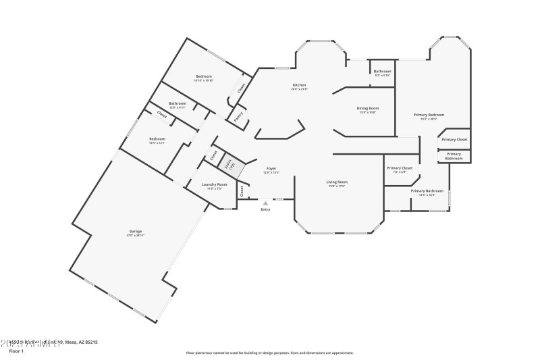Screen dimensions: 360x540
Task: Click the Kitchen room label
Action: [x=299, y=85]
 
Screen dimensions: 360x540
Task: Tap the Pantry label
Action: [x=238, y=116]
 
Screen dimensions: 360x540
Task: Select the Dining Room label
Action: [x=367, y=108]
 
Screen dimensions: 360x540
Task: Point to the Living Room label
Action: [x=337, y=182]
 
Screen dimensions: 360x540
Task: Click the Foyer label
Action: [x=271, y=169]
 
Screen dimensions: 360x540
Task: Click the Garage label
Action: [x=136, y=232]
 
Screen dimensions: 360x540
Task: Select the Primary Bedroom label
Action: [x=429, y=115]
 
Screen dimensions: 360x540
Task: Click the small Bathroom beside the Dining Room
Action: [x=383, y=72]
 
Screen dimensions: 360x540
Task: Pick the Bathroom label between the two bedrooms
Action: [x=177, y=104]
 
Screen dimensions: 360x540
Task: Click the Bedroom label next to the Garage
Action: [x=157, y=139]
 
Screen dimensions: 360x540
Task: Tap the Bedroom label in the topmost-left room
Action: [x=204, y=76]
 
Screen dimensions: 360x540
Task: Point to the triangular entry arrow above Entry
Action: [x=266, y=202]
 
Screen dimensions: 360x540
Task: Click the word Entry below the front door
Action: [x=266, y=209]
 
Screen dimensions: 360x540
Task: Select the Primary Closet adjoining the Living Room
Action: [x=400, y=168]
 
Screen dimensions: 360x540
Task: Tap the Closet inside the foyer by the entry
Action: [x=241, y=191]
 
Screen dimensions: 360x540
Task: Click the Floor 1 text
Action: [x=16, y=351]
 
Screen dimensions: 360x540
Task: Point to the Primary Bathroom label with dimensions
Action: [x=427, y=191]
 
